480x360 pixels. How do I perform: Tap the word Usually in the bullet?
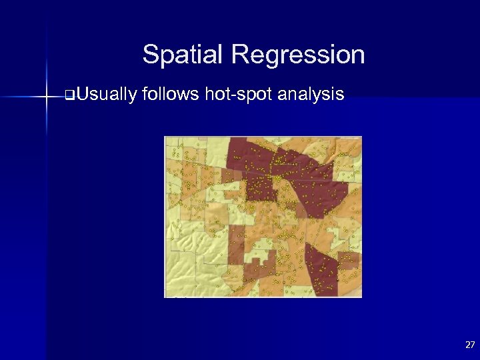coord(105,95)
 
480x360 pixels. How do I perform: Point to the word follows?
coord(170,95)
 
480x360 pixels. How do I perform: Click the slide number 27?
coord(470,345)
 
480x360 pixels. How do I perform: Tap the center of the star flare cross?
coord(47,97)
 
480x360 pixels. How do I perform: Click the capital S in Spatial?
coord(150,55)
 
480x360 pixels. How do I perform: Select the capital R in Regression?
coord(239,55)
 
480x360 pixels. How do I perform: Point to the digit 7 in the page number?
coord(473,345)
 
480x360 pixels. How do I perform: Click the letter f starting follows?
coord(145,94)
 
